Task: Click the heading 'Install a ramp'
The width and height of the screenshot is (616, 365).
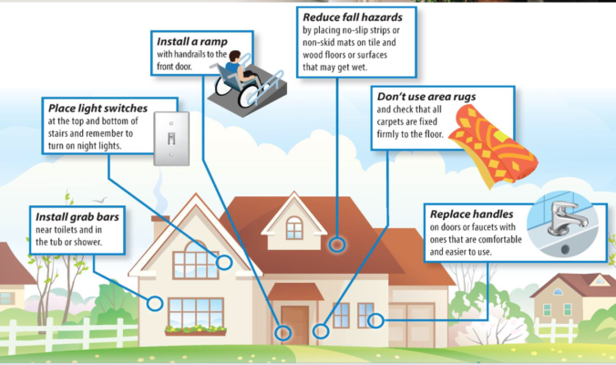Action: pos(186,42)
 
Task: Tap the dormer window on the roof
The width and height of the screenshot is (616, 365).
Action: pos(293,227)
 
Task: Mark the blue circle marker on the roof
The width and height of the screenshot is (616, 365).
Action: pos(336,245)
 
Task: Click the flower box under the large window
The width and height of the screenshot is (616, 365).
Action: pos(195,330)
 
